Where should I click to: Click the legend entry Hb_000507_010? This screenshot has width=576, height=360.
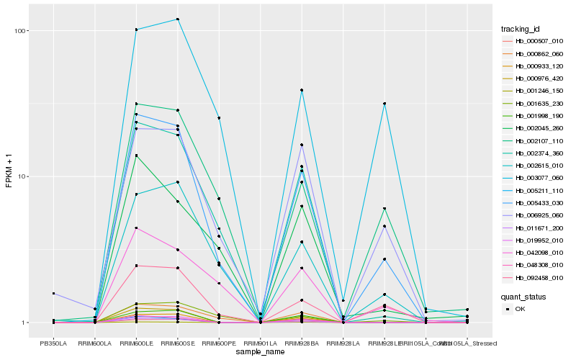pos(534,41)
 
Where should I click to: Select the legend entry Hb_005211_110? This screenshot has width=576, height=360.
pos(534,191)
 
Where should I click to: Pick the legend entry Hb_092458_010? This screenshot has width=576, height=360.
pos(534,278)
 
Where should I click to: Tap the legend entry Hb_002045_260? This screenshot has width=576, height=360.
pos(534,128)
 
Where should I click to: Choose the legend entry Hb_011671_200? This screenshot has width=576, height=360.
pos(534,228)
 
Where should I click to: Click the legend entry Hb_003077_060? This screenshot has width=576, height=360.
pos(534,178)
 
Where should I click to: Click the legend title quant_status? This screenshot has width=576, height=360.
pos(523,296)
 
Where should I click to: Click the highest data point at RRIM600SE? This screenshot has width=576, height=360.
pos(178,19)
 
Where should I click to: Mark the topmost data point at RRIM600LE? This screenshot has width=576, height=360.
pos(136,30)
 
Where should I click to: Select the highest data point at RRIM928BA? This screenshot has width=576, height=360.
pos(302,90)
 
